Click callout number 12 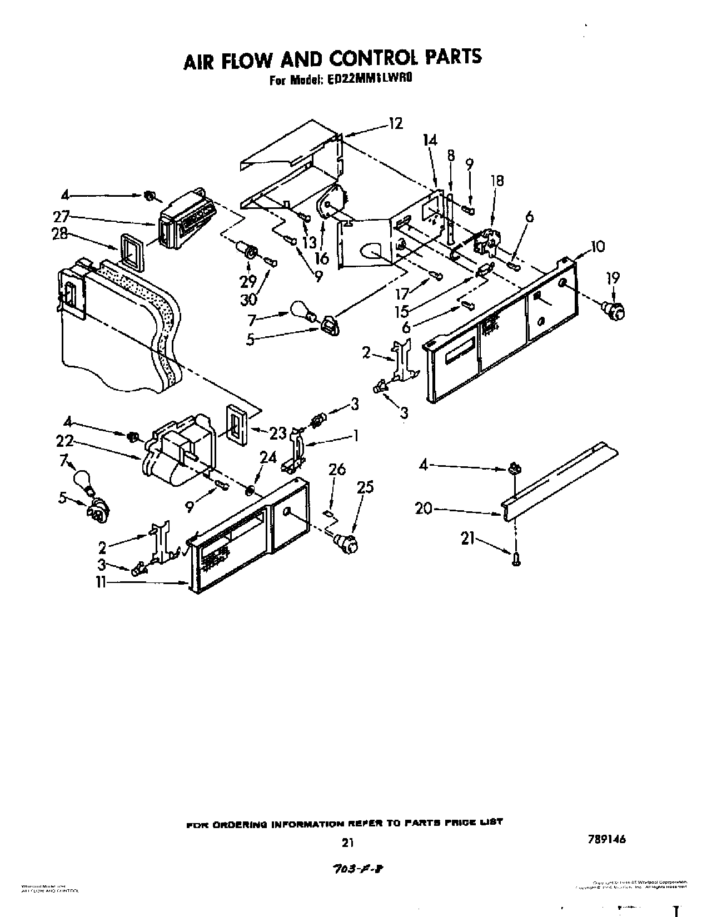(x=395, y=123)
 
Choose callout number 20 (x=424, y=508)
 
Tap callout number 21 (x=468, y=538)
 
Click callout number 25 (x=364, y=487)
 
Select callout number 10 (x=596, y=246)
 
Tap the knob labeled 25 (x=346, y=541)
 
